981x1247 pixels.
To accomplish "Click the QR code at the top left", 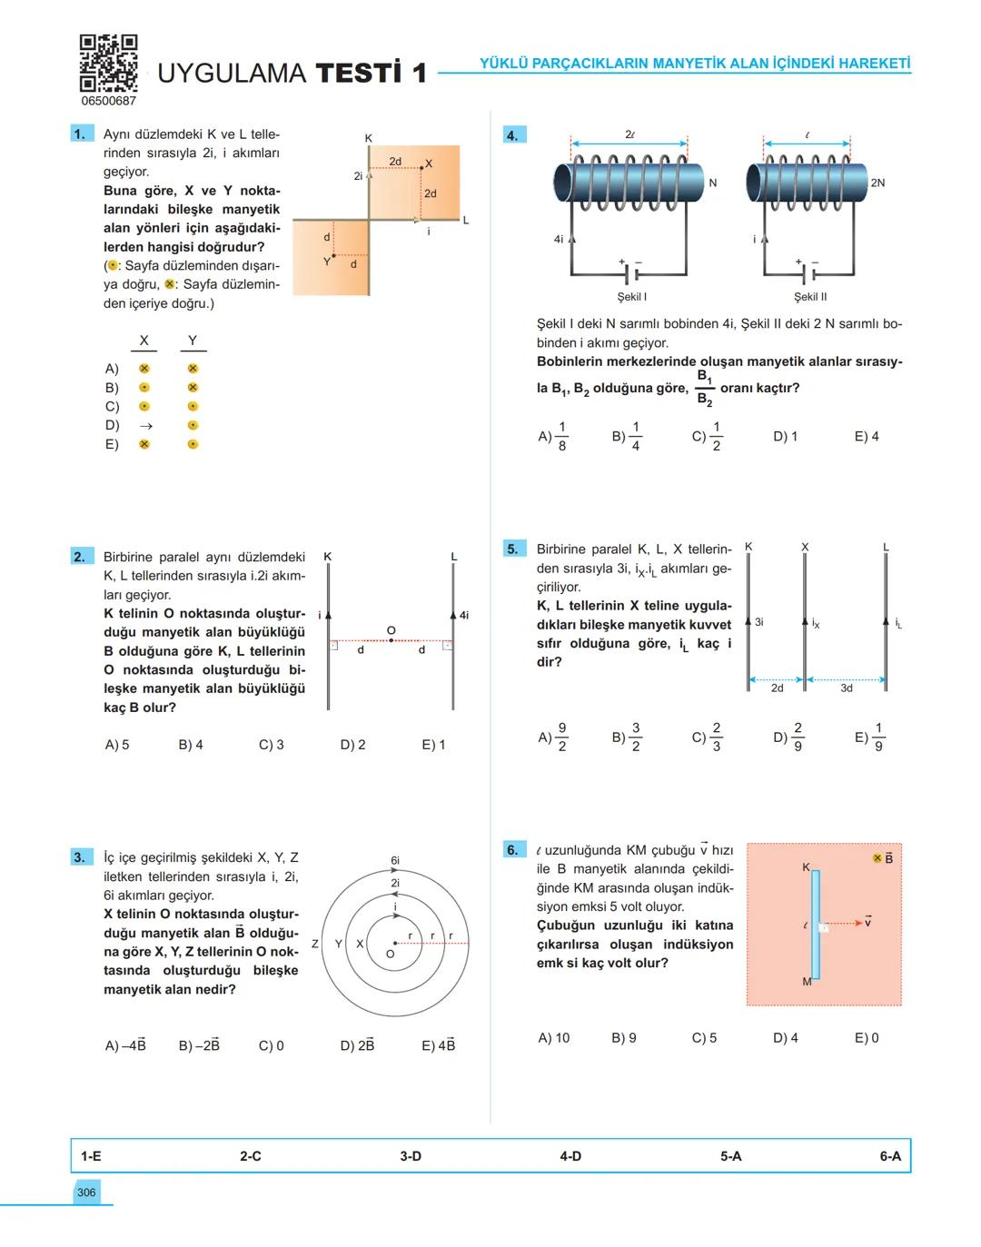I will (x=108, y=63).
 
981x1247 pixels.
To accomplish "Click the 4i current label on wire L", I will (x=464, y=615).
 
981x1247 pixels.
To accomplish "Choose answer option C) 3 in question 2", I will (x=271, y=745).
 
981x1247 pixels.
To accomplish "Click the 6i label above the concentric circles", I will (x=395, y=860).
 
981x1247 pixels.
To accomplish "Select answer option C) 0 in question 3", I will (x=271, y=1045).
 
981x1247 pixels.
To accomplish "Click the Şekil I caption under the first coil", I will (x=631, y=297).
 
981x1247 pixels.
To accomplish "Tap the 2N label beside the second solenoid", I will (x=877, y=183).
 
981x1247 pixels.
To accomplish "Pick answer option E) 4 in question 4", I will (x=867, y=437).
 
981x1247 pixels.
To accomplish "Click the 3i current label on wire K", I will (x=759, y=622).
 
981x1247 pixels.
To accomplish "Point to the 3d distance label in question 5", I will (x=847, y=688).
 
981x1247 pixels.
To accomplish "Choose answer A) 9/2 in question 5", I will (x=553, y=737).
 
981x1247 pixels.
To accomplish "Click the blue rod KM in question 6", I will (x=816, y=925).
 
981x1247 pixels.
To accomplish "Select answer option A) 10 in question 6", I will (x=553, y=1038).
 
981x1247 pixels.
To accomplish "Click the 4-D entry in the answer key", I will (x=570, y=1156).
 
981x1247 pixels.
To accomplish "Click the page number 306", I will (x=86, y=1193).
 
